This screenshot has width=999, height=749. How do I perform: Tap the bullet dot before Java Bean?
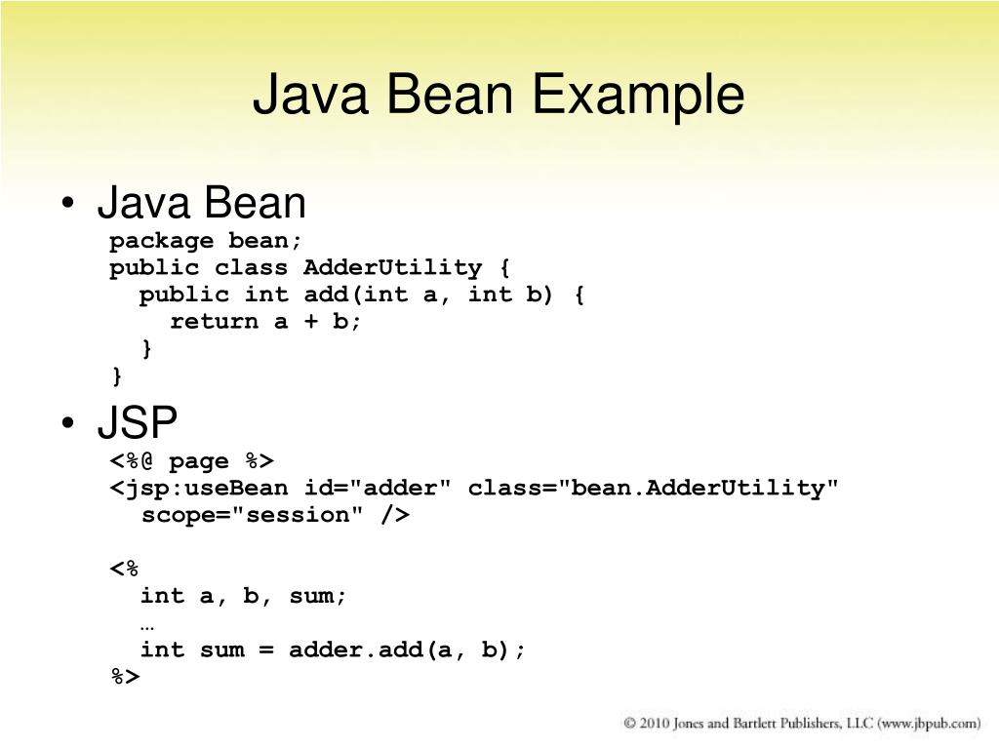(67, 205)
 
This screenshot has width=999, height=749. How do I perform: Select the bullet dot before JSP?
(67, 425)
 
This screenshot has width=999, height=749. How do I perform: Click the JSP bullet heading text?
(137, 424)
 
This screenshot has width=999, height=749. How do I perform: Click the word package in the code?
(161, 241)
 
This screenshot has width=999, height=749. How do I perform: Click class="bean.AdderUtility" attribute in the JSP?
(653, 488)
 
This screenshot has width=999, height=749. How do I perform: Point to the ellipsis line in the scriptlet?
(147, 623)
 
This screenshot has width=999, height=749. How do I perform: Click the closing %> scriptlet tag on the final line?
(126, 676)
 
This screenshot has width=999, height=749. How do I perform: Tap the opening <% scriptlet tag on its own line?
(125, 569)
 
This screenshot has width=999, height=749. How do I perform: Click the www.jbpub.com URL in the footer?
(929, 724)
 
